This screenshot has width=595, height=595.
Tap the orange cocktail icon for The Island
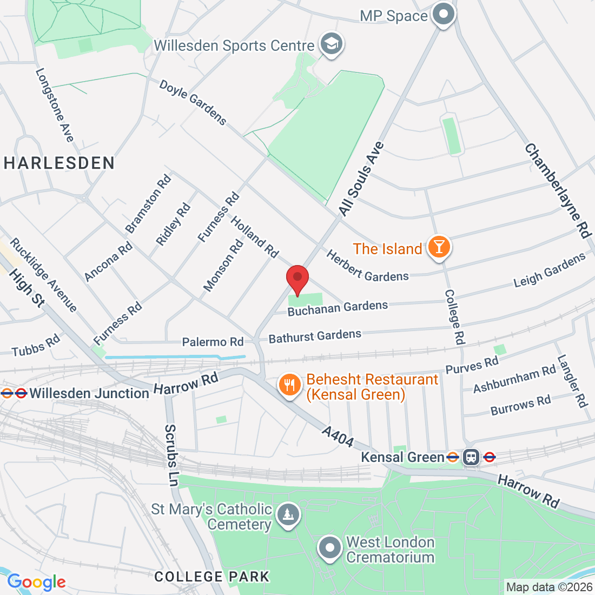click(x=439, y=248)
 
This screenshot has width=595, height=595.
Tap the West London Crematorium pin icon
click(x=330, y=548)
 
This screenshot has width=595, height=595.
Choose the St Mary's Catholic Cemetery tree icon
click(x=287, y=515)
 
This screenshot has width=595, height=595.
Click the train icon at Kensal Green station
click(x=471, y=457)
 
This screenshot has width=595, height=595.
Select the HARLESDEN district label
click(x=59, y=163)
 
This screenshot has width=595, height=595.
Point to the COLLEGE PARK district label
click(x=211, y=577)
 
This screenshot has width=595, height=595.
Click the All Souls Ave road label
click(x=361, y=179)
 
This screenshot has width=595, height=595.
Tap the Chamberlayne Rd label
click(x=557, y=190)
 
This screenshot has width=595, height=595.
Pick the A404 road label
click(x=338, y=437)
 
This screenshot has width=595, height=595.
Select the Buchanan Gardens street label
click(x=338, y=308)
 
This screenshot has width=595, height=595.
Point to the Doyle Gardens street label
click(x=193, y=102)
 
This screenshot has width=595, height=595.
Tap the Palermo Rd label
click(x=213, y=342)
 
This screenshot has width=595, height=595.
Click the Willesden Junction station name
click(x=89, y=393)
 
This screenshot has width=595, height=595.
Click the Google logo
click(x=36, y=582)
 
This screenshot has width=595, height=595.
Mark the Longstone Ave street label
click(x=54, y=105)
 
